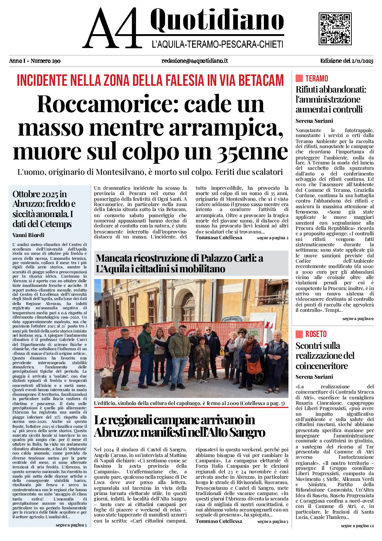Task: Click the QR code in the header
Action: click(x=335, y=28)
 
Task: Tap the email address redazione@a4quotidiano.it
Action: click(x=195, y=61)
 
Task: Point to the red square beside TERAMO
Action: click(x=299, y=78)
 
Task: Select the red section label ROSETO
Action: click(x=316, y=334)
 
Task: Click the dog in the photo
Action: click(x=107, y=382)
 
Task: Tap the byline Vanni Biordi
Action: click(x=28, y=235)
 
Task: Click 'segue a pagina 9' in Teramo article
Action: click(x=358, y=319)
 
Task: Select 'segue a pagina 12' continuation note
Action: click(x=357, y=526)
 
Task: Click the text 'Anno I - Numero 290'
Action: click(x=35, y=61)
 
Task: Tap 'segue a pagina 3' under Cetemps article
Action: click(x=71, y=525)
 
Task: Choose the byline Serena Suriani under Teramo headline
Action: click(x=314, y=121)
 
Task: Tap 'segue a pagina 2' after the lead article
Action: click(x=273, y=238)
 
